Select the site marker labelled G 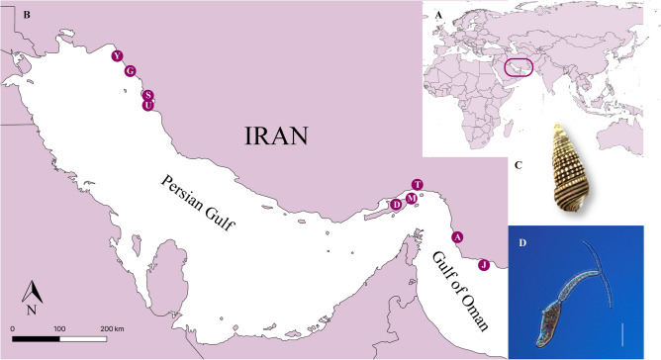pos(130,70)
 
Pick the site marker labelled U pos(148,105)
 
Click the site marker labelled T pos(418,185)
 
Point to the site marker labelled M pos(410,197)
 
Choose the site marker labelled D pos(397,205)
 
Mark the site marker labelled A pos(457,237)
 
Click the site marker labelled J pos(483,265)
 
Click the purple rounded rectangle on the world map pos(519,68)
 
